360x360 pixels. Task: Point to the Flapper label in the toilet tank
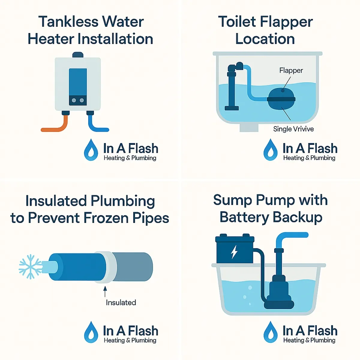point(291,70)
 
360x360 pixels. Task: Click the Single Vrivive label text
point(293,129)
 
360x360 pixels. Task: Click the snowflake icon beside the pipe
point(30,267)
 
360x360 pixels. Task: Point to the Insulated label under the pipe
point(121,302)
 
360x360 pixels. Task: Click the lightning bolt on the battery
point(234,252)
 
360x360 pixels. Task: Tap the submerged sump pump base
point(279,304)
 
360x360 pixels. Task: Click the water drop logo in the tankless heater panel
point(91,150)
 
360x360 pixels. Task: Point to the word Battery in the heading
point(244,217)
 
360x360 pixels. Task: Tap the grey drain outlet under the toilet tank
point(249,128)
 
